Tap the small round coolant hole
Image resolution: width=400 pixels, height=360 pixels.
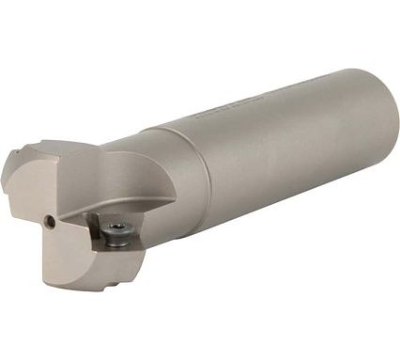(48, 222)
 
